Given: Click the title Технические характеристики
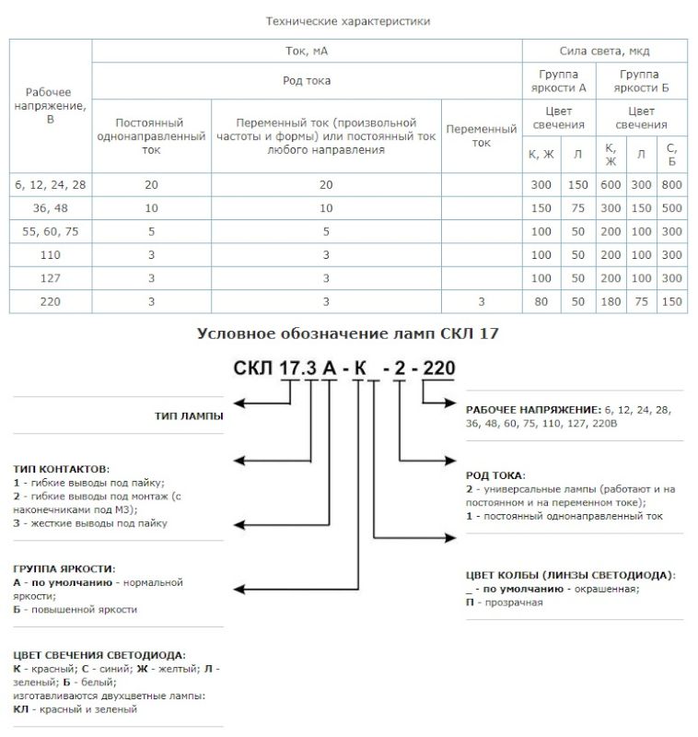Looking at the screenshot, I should [x=348, y=20].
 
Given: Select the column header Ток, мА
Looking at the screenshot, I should [x=307, y=51].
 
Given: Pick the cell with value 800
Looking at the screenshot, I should [x=672, y=185].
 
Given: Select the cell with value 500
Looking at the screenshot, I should [x=672, y=208].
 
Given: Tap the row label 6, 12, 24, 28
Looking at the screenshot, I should [x=51, y=185].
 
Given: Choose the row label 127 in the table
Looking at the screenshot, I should [x=51, y=277].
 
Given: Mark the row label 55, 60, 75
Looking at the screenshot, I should [x=51, y=231].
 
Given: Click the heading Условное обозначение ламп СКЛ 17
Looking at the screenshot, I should [x=348, y=333].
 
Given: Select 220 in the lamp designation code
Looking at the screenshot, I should [x=437, y=370].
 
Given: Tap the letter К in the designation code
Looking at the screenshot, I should [x=360, y=370].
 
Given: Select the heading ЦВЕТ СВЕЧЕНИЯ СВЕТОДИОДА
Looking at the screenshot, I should [x=99, y=655].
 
